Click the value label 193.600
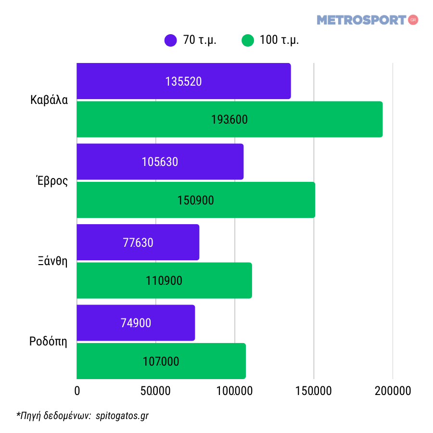coord(229,120)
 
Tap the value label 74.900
coord(136,323)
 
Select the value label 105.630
coord(160,162)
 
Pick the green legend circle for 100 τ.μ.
coord(248,40)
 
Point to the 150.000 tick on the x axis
coord(314,391)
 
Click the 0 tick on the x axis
coord(77,391)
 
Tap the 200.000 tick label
coord(393,391)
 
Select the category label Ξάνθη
coord(52,262)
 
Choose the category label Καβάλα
coord(49,101)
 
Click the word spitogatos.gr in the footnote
coord(122,416)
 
